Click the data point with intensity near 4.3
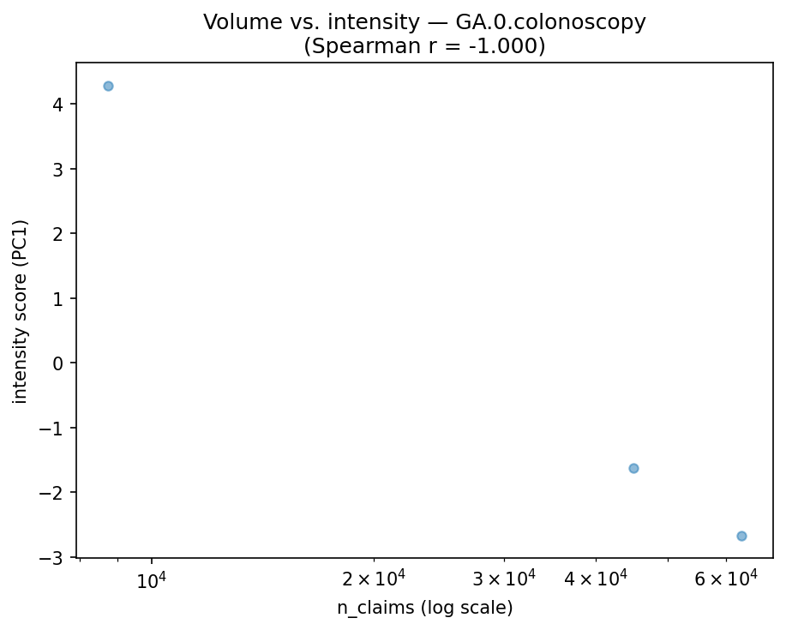(x=108, y=86)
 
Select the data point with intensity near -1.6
(x=633, y=468)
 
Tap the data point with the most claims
(x=741, y=536)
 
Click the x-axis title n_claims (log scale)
(x=424, y=609)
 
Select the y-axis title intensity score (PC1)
(x=21, y=311)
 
